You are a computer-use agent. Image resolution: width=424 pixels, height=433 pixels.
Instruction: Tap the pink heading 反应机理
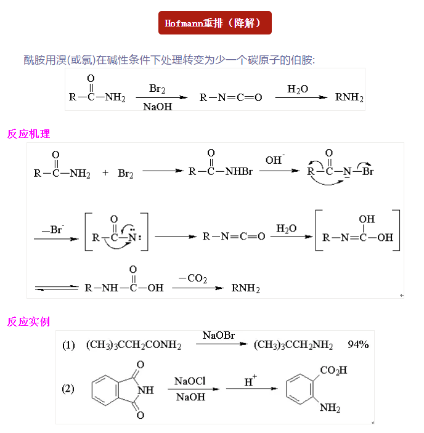28,134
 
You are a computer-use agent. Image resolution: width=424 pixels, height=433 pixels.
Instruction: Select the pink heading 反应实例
28,322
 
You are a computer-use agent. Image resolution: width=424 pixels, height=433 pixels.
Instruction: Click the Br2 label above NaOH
157,89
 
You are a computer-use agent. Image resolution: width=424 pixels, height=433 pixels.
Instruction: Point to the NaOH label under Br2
157,107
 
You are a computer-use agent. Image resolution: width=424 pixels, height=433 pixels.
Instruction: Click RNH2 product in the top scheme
349,97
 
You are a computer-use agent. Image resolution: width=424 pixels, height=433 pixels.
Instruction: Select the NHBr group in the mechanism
238,171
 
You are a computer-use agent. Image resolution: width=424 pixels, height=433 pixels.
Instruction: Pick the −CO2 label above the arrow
193,279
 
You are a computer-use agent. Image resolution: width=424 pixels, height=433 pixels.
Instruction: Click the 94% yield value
358,344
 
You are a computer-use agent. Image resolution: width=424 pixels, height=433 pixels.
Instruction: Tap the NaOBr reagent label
219,336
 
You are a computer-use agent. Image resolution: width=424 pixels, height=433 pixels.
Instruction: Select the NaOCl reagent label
190,381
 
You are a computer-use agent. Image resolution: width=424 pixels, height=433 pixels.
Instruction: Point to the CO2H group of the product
333,370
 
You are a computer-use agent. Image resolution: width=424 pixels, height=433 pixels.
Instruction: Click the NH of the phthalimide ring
146,390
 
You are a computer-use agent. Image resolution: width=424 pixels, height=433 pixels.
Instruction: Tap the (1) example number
68,345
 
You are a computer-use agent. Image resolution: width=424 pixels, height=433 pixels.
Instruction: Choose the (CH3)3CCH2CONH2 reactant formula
133,346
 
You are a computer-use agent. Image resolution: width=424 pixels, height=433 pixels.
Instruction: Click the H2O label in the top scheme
298,89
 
